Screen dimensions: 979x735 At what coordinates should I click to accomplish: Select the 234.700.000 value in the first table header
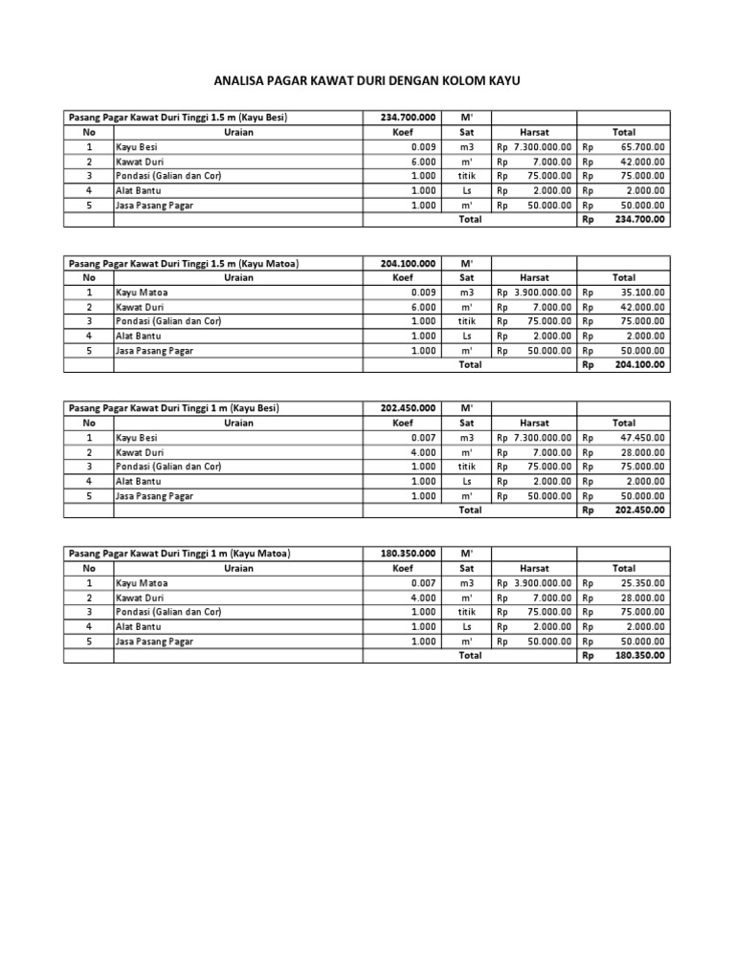408,118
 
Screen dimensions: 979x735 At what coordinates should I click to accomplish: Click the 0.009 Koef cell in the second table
423,293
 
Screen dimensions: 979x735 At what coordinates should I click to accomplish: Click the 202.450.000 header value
408,408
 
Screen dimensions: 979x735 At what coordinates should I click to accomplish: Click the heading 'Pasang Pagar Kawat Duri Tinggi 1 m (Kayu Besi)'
173,408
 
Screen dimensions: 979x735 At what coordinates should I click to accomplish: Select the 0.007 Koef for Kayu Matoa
423,582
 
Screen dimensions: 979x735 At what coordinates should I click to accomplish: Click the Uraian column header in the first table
238,132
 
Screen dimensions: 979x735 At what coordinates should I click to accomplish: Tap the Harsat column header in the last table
534,568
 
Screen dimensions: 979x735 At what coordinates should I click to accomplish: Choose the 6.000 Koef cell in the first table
423,162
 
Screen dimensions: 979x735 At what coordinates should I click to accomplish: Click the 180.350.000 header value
408,554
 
